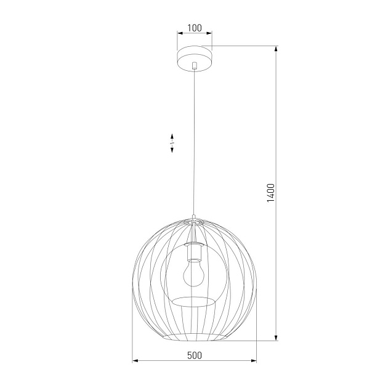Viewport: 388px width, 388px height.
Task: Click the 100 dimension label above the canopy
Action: click(195, 28)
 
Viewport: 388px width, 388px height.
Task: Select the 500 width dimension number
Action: click(195, 355)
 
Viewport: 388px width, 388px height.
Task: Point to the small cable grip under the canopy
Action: click(195, 65)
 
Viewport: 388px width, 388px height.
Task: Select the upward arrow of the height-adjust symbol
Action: click(172, 136)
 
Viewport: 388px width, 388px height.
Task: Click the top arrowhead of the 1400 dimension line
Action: click(276, 49)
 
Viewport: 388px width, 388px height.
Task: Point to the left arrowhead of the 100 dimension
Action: click(180, 34)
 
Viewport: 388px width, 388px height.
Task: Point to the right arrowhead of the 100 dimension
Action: click(209, 34)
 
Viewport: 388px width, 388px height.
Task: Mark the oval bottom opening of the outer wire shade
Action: click(195, 337)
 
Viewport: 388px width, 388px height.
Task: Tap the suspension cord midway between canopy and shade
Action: click(195, 142)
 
